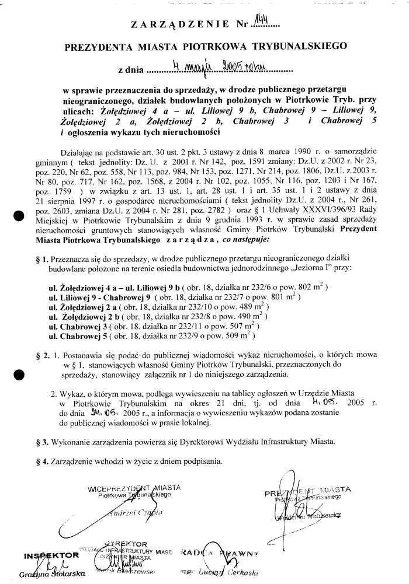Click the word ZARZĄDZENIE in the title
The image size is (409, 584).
pyautogui.click(x=181, y=25)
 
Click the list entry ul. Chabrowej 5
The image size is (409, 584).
pyautogui.click(x=81, y=336)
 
